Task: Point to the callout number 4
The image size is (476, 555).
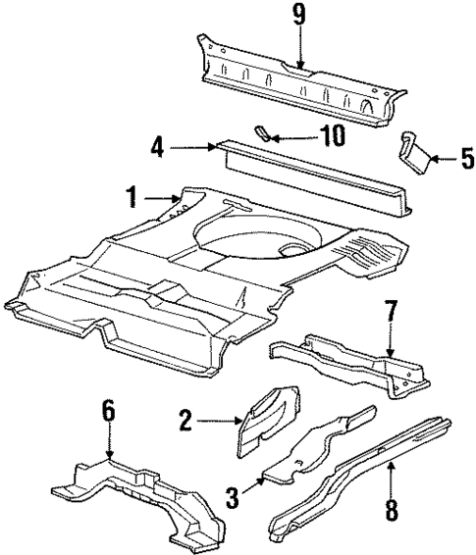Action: (x=157, y=148)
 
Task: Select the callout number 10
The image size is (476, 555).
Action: (x=334, y=135)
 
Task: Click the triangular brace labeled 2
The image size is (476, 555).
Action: (x=267, y=420)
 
